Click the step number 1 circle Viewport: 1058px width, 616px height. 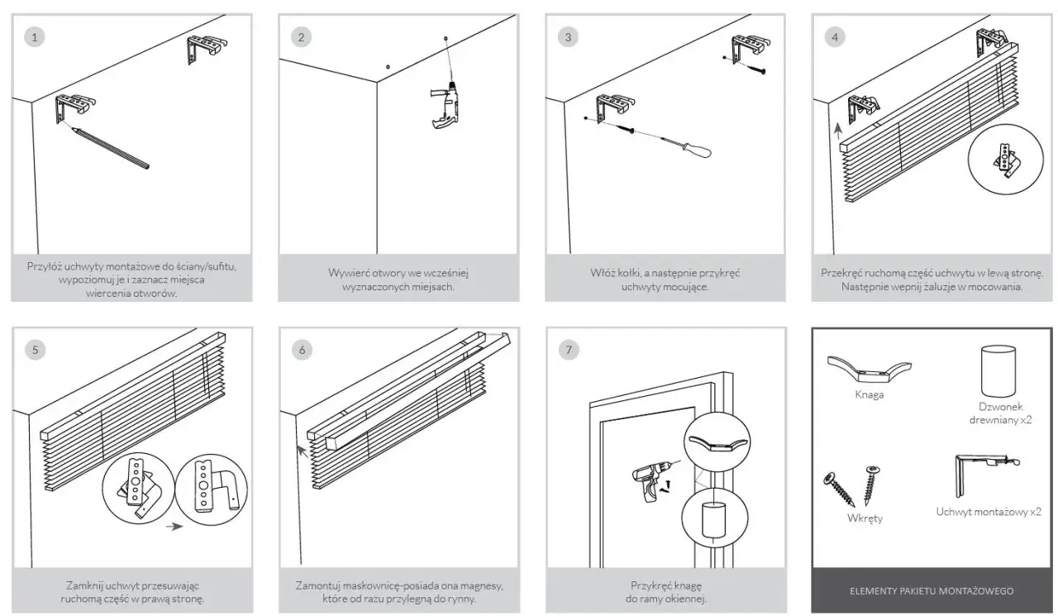pyautogui.click(x=33, y=37)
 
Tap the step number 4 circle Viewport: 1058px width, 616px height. pyautogui.click(x=836, y=37)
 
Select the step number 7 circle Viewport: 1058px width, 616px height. pyautogui.click(x=568, y=350)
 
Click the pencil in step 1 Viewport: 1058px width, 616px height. pyautogui.click(x=110, y=147)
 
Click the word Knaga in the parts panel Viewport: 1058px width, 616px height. pyautogui.click(x=869, y=395)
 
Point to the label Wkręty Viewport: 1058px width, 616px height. pyautogui.click(x=865, y=518)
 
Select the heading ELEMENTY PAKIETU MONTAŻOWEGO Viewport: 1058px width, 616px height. pyautogui.click(x=931, y=591)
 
